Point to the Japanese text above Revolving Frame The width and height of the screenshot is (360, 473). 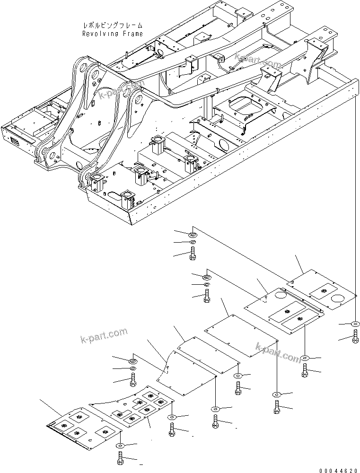(x=112, y=26)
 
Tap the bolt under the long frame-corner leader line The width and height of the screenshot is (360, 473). (x=355, y=339)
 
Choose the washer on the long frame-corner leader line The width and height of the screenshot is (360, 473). (x=355, y=324)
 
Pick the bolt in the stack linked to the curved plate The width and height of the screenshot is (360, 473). (x=133, y=379)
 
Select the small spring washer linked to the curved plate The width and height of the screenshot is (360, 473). (x=133, y=368)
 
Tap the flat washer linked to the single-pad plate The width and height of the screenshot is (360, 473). (x=193, y=234)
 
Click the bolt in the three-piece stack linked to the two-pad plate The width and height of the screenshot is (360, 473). (x=207, y=297)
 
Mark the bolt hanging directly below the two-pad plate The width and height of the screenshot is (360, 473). (x=305, y=369)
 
